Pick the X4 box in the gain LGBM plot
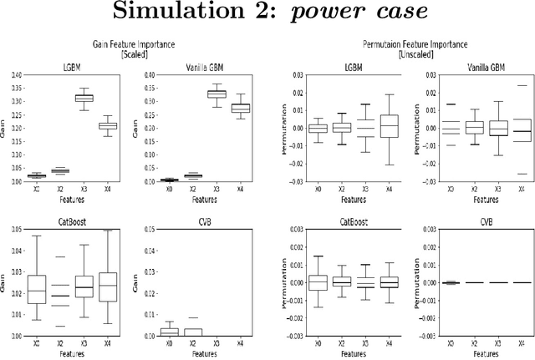pos(108,126)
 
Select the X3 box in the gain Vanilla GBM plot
pos(216,94)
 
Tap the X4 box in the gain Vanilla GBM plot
pos(240,108)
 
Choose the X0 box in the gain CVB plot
pos(169,332)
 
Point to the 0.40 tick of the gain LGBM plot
pos(16,74)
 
